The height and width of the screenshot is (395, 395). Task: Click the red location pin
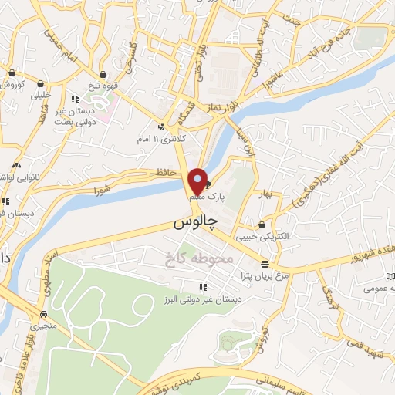tap(197, 181)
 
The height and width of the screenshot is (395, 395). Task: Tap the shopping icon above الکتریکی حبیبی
tap(263, 225)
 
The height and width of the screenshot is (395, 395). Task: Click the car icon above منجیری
tap(43, 315)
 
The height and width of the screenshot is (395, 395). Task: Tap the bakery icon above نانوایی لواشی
tap(19, 165)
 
